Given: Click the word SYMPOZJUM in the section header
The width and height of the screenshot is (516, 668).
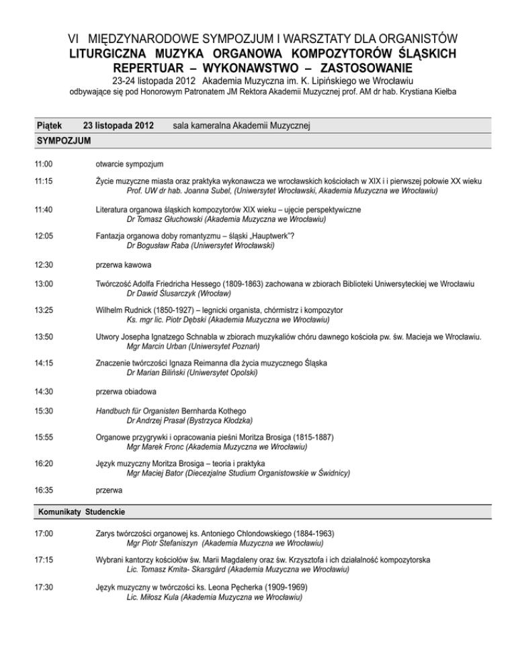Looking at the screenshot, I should coord(62,141).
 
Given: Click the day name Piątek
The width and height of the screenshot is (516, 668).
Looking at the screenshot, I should coord(50,126).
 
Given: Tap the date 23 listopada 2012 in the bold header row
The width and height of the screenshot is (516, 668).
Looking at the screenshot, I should coord(118,126).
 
